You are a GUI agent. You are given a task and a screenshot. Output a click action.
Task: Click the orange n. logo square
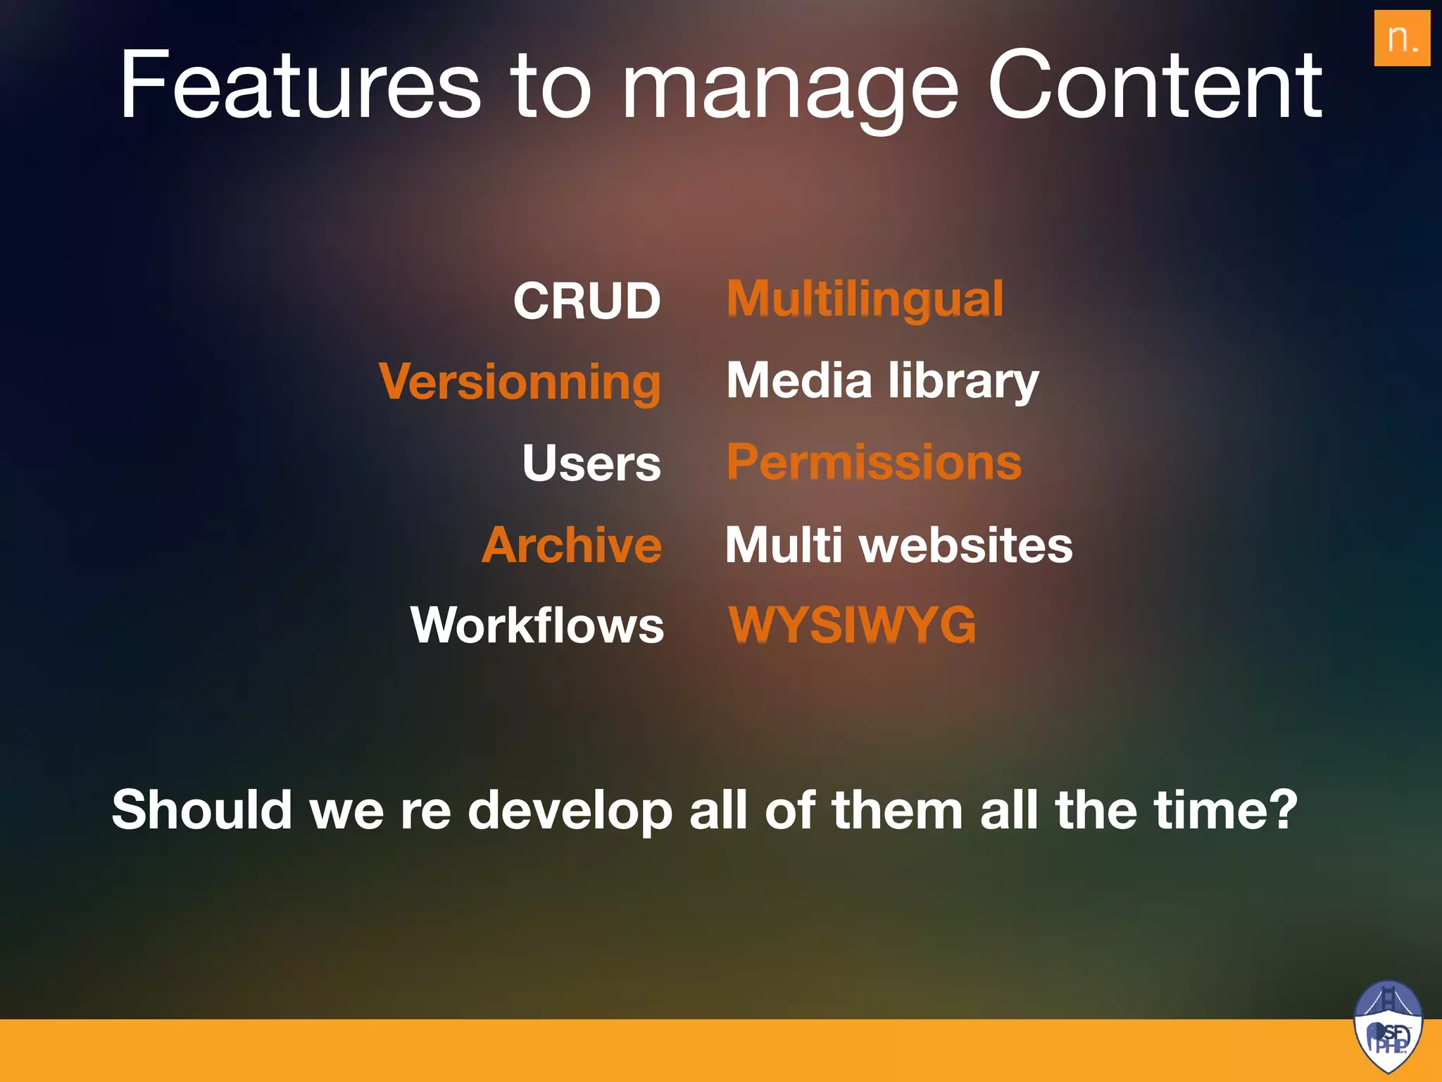pos(1401,38)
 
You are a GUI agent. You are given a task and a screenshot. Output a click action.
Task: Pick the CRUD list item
pos(587,301)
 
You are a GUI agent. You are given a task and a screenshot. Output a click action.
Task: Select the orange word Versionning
pos(520,382)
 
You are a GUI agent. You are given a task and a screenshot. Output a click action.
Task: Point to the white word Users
pos(591,463)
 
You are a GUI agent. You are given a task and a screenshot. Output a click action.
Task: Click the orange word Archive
pos(572,545)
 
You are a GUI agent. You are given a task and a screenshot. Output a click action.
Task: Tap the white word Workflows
pos(537,625)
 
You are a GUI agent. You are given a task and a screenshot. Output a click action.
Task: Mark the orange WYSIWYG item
pos(853,625)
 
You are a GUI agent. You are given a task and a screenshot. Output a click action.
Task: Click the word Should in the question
pos(201,809)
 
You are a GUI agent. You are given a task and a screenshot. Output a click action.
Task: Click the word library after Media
pos(963,382)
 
